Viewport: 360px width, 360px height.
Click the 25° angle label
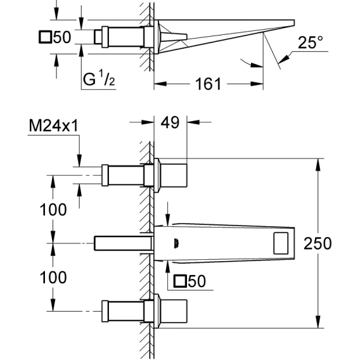(x=311, y=42)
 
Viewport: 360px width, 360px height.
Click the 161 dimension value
(x=208, y=84)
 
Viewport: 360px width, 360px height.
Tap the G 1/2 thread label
(x=99, y=79)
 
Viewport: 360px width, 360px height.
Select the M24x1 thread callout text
(x=54, y=126)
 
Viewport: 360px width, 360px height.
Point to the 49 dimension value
(x=170, y=122)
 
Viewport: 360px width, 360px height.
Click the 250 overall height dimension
(x=318, y=243)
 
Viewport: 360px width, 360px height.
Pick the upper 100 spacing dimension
(x=53, y=210)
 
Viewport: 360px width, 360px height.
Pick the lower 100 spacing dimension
(x=53, y=278)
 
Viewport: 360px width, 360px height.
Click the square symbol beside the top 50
(x=45, y=37)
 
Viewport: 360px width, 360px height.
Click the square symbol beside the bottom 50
(x=180, y=281)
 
